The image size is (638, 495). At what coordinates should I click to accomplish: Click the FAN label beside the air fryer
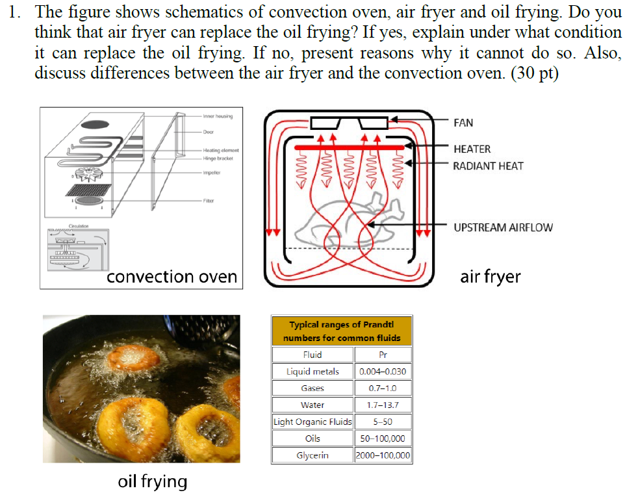463,123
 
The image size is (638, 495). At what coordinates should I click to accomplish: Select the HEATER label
472,149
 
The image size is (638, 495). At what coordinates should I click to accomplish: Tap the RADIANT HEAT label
487,166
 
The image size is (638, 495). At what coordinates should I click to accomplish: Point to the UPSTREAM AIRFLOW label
503,227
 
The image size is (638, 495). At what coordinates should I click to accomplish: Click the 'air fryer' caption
490,277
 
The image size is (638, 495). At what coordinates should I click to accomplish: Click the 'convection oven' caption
172,277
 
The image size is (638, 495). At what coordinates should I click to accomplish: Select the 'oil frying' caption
152,481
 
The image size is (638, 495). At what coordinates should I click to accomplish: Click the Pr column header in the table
383,355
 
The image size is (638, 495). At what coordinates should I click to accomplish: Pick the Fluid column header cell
313,355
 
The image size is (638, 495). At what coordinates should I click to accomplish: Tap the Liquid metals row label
313,372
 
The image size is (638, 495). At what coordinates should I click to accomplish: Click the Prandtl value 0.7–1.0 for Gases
383,388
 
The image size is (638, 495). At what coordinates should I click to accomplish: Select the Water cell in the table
313,405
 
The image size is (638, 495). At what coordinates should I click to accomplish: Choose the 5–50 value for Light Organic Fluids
383,422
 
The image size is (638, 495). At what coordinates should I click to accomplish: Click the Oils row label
313,438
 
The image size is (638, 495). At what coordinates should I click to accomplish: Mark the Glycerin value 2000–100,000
383,455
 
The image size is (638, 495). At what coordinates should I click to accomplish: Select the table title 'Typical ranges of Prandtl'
341,324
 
